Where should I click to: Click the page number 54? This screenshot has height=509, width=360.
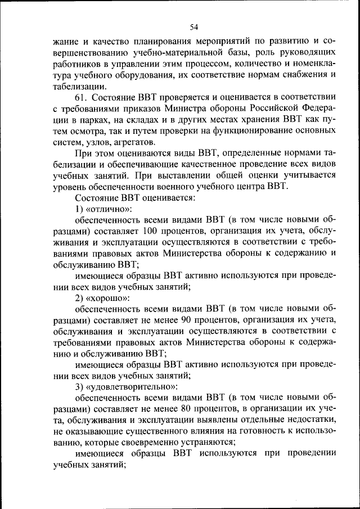click(195, 26)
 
